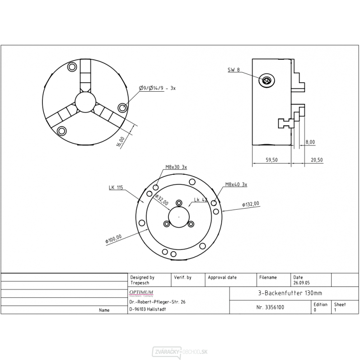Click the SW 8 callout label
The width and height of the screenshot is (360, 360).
[x=234, y=70]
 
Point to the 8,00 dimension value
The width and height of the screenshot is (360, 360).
[x=310, y=142]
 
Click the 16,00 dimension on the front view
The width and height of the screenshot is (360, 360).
[x=120, y=141]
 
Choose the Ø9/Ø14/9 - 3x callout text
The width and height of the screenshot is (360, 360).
[x=156, y=89]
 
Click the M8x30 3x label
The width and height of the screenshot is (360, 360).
[x=176, y=167]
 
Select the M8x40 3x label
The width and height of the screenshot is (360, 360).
[x=236, y=185]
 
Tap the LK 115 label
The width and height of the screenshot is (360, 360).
[x=116, y=187]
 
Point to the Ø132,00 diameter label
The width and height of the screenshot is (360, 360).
[x=251, y=205]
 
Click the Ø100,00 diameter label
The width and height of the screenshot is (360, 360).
[x=113, y=238]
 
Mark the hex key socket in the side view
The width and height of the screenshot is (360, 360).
[x=266, y=80]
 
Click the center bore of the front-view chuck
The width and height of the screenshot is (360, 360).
[x=85, y=102]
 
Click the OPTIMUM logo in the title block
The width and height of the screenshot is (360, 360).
[x=142, y=293]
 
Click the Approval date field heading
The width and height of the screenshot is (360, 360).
[x=222, y=277]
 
